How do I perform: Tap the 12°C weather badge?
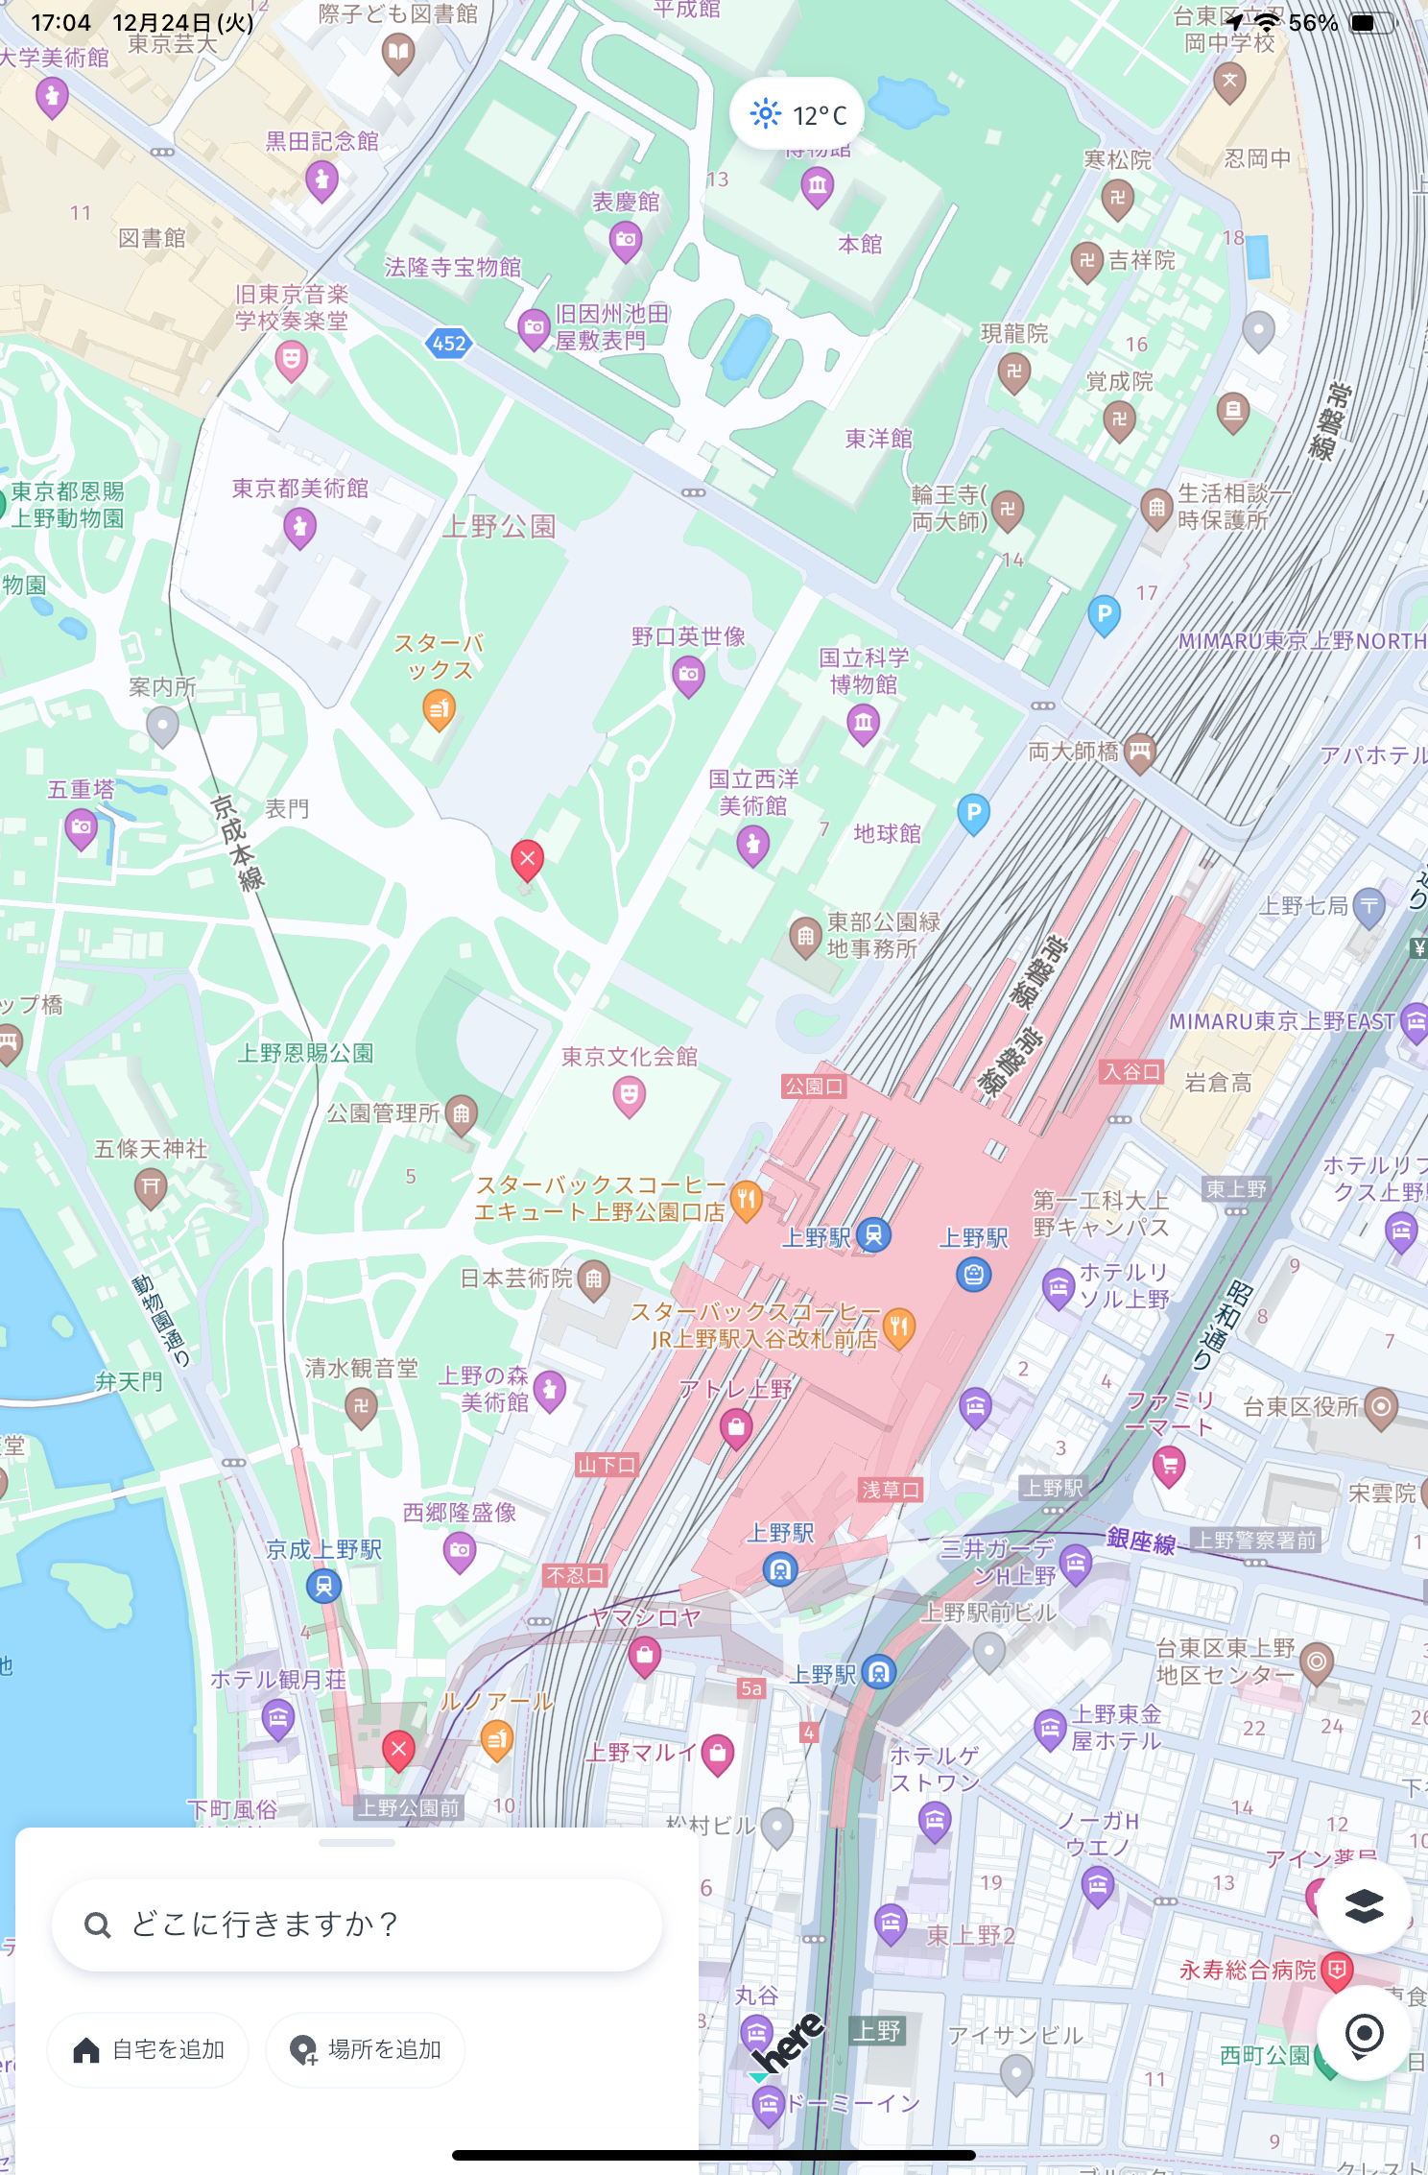(x=797, y=115)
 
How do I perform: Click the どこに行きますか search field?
(x=357, y=1924)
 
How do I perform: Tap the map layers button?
(x=1363, y=1906)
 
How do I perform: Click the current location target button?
(x=1363, y=2033)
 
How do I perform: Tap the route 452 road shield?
(x=449, y=343)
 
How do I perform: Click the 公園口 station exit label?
(x=814, y=1086)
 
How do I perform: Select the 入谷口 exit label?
(x=1131, y=1071)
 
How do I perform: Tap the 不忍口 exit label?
(x=575, y=1575)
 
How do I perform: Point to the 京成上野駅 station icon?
(x=324, y=1586)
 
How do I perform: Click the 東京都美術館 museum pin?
(x=300, y=526)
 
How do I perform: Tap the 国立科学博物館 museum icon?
(x=864, y=722)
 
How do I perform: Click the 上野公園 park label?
(x=499, y=526)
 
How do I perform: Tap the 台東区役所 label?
(x=1300, y=1407)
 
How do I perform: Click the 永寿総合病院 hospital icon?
(x=1337, y=1971)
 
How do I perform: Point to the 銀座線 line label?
(x=1140, y=1540)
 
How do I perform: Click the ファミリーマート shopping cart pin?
(x=1169, y=1465)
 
